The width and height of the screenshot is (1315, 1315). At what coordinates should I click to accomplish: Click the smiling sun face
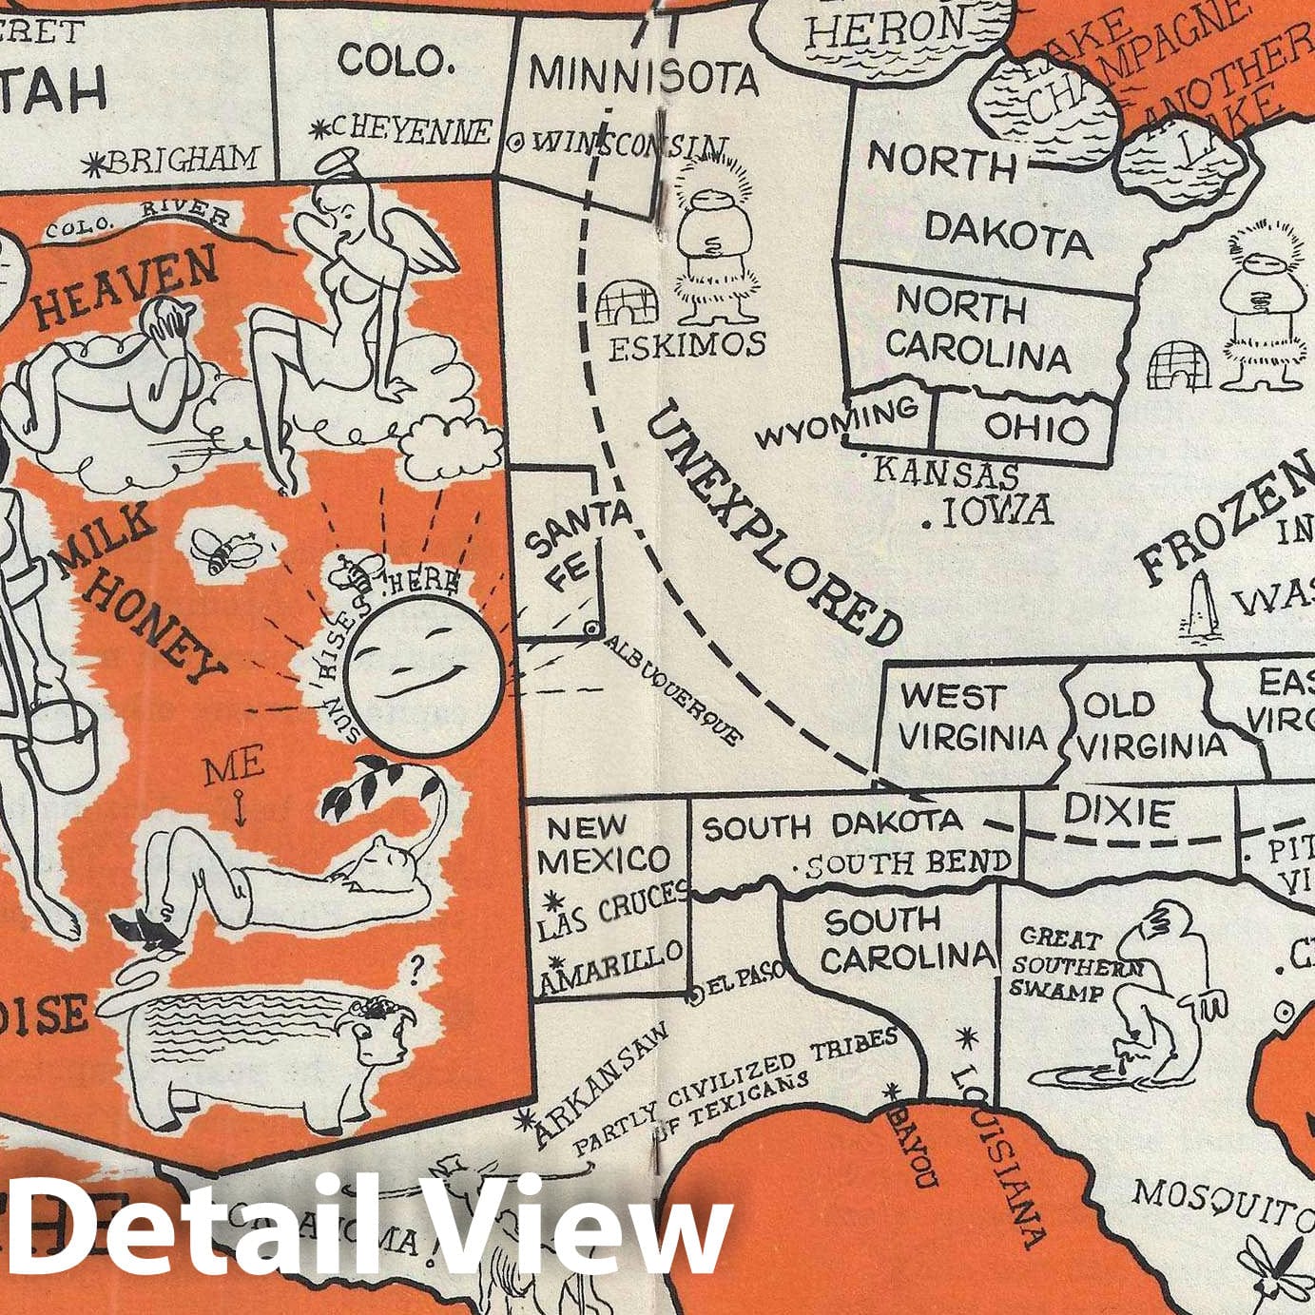pos(422,663)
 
